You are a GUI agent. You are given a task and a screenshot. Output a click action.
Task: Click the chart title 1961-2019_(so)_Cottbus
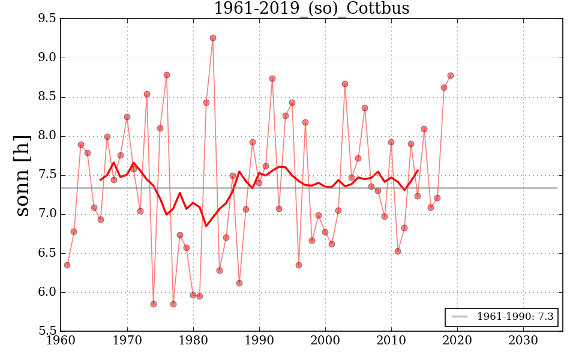(x=311, y=8)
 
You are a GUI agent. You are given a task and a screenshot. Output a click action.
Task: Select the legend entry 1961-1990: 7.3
(x=502, y=317)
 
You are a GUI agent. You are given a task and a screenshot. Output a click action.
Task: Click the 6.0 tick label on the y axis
(x=47, y=293)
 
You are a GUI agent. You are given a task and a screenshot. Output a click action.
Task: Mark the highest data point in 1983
(x=213, y=38)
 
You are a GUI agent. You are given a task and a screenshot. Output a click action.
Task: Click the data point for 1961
(x=67, y=265)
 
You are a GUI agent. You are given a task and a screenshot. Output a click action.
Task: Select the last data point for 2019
(x=451, y=76)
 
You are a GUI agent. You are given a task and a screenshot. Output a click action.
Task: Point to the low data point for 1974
(x=154, y=304)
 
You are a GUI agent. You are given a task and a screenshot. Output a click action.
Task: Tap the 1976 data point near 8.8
(x=167, y=75)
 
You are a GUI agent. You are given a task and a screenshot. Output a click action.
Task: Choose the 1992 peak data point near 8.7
(x=272, y=79)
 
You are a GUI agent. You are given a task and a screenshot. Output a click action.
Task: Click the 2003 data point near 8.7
(x=345, y=84)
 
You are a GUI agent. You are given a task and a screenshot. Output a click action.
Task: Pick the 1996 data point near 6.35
(x=299, y=265)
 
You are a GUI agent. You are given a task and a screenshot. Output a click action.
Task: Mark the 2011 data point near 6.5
(x=398, y=251)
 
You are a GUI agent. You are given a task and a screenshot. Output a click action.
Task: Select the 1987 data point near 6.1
(x=239, y=283)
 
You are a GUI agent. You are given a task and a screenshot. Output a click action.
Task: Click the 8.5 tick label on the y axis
(x=47, y=97)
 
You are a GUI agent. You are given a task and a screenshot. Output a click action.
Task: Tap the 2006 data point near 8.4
(x=365, y=108)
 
